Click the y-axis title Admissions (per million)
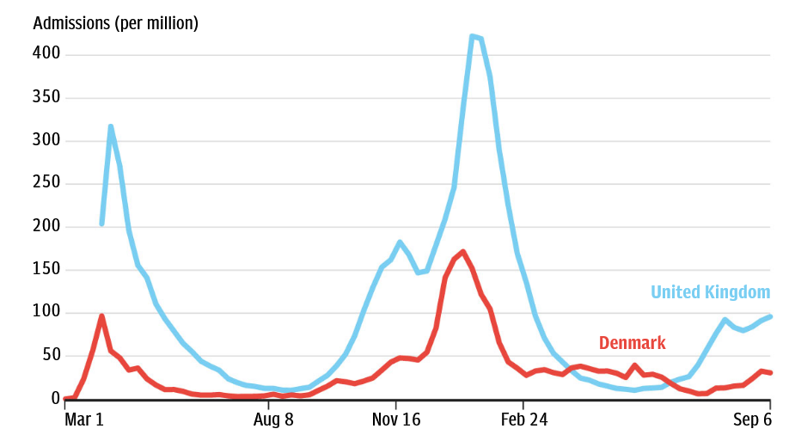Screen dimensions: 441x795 point(115,23)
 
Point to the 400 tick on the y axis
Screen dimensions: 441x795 point(46,54)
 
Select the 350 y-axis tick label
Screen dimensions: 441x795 point(46,97)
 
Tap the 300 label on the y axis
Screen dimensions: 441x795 point(46,140)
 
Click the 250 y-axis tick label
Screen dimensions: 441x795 point(46,183)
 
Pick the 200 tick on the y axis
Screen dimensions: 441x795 point(46,227)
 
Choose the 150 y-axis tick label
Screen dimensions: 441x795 point(46,270)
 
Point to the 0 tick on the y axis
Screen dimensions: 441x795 point(55,399)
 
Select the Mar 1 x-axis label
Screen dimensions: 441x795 point(84,420)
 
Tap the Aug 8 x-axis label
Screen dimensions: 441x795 point(273,420)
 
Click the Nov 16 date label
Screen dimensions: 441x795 point(396,420)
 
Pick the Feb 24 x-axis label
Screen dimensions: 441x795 point(523,420)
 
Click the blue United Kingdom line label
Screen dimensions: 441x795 point(710,292)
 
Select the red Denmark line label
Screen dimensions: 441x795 point(632,343)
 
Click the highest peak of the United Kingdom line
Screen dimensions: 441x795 point(473,36)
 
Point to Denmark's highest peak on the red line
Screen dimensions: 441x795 point(463,252)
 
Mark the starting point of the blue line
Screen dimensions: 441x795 point(101,224)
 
